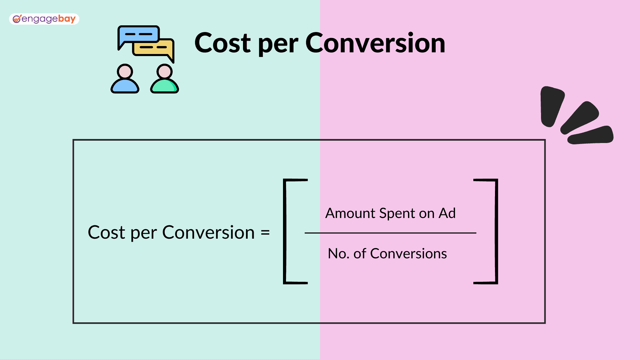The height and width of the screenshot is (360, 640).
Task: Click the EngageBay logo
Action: point(44,19)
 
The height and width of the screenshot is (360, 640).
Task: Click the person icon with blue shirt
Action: point(125,79)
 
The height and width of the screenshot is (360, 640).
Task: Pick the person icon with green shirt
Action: point(165,79)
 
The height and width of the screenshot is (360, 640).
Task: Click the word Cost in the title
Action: point(223,43)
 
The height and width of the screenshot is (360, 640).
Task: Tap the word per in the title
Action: point(278,46)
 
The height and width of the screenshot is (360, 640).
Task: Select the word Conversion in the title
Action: point(375,43)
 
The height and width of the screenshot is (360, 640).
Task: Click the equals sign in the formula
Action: point(265,233)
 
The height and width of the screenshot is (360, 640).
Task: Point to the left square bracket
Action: point(285,232)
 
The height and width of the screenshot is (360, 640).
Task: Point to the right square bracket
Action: point(496,232)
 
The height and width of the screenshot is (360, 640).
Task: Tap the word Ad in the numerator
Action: point(447,213)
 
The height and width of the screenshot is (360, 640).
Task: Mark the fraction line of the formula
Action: point(390,233)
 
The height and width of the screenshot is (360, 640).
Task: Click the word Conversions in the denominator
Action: point(408,254)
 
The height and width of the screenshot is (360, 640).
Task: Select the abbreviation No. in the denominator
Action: point(339,254)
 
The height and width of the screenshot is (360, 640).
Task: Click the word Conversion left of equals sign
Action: point(208,232)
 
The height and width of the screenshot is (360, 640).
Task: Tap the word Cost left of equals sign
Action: point(106,232)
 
